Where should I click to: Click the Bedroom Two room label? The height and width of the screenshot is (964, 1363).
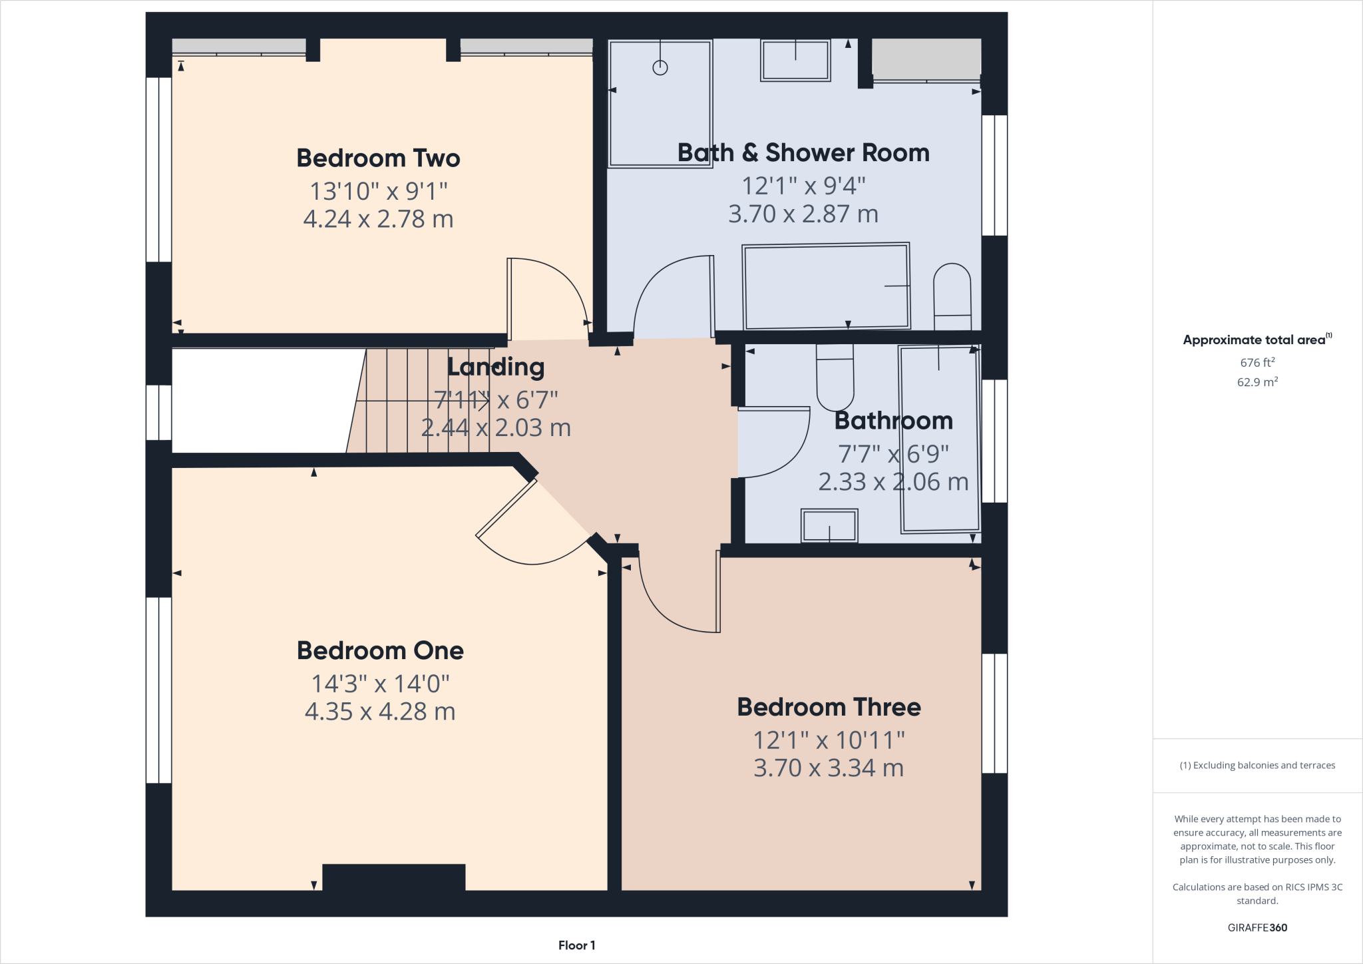pos(378,158)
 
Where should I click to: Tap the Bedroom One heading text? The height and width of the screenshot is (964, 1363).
pos(380,650)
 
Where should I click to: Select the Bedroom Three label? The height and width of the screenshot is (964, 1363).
pos(829,707)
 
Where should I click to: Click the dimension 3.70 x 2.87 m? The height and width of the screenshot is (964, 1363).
pos(803,214)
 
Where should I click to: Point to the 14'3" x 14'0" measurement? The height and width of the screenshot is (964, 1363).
pos(380,684)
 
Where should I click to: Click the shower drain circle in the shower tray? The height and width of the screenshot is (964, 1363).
pos(660,67)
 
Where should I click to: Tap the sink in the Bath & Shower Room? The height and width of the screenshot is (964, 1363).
pos(795,60)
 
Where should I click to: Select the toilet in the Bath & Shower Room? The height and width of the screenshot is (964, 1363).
pos(952,296)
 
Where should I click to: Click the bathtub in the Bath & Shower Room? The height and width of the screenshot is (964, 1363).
pos(826,287)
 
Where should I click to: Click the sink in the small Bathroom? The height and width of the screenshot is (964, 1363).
pos(829,526)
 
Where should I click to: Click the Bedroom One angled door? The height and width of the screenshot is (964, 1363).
pos(506,509)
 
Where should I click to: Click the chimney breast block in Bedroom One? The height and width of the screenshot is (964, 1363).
pos(393,877)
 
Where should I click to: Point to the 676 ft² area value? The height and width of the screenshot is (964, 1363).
pos(1257,363)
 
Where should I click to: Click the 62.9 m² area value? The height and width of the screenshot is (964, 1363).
pos(1257,382)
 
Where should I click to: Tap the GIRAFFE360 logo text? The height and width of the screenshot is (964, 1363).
pos(1257,927)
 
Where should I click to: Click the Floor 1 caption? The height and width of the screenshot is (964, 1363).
pos(576,945)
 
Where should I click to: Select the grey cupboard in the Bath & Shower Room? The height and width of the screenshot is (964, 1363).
pos(926,59)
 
